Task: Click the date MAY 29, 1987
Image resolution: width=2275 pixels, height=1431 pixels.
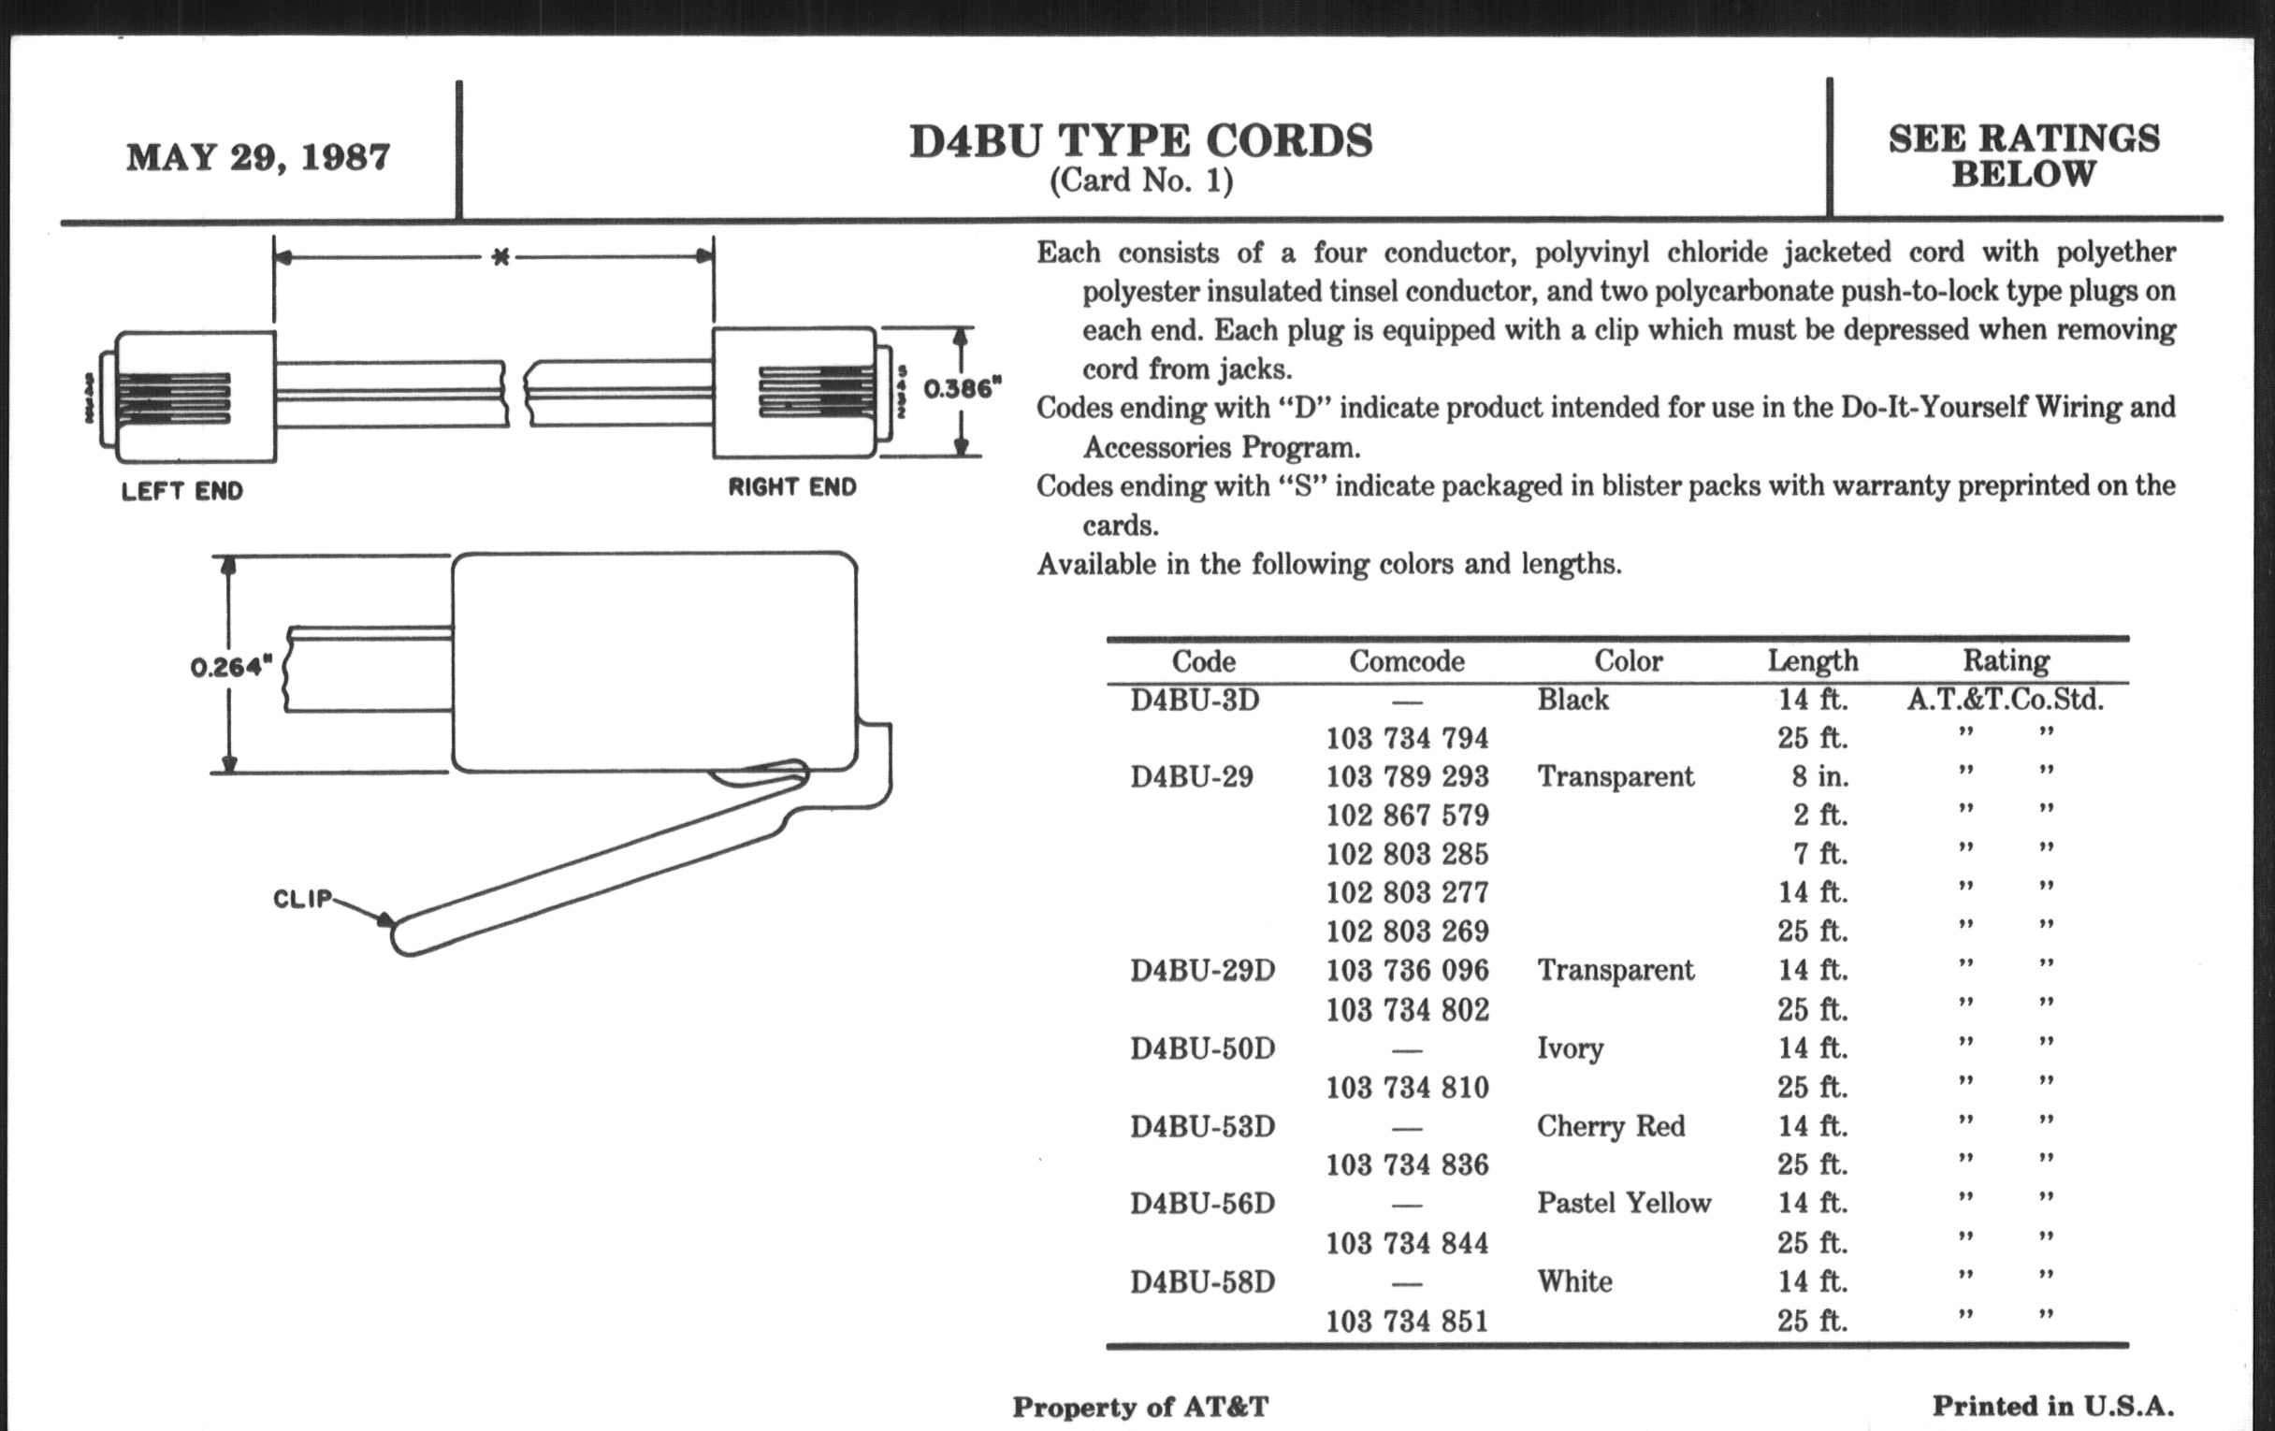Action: tap(258, 157)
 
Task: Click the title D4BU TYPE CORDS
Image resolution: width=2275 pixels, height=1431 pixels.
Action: tap(1140, 141)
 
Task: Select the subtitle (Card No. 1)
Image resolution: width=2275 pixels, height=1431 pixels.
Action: tap(1140, 181)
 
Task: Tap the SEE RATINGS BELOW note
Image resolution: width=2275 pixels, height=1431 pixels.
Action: tap(2023, 156)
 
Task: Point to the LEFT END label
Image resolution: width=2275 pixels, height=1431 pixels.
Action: tap(182, 491)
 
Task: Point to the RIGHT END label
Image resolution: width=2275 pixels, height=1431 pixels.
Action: tap(791, 487)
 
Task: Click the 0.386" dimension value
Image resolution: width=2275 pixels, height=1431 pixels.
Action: tap(962, 388)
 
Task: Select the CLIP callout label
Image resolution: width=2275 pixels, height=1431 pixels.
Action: tap(302, 898)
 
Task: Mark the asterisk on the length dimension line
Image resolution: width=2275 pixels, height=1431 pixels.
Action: tap(500, 257)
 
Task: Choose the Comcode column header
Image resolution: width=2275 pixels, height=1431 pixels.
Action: tap(1406, 661)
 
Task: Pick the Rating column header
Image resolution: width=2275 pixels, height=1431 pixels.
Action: tap(2005, 660)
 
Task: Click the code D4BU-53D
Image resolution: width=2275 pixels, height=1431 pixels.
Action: tap(1202, 1126)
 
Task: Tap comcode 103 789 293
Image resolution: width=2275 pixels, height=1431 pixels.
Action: tap(1406, 776)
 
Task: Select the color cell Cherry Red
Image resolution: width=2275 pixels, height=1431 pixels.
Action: tap(1610, 1126)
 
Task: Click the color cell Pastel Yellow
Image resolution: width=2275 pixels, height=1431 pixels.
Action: tap(1623, 1203)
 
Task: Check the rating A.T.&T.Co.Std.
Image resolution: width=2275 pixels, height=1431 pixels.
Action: tap(2005, 700)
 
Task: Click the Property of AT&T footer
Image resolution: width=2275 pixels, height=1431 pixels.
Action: tap(1139, 1408)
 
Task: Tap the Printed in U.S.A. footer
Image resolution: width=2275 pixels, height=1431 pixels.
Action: tap(2052, 1407)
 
